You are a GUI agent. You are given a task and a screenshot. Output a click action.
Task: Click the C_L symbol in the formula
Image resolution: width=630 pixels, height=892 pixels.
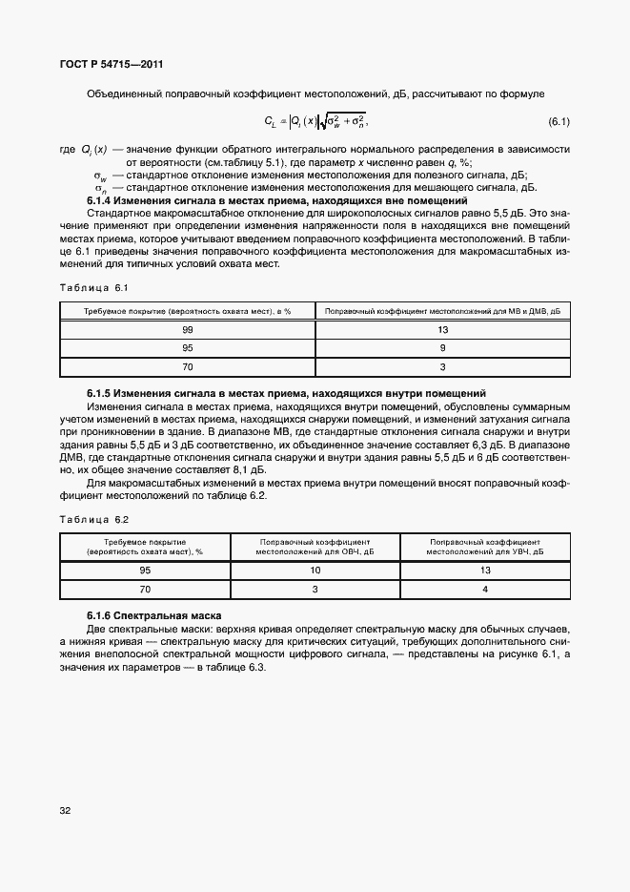(271, 121)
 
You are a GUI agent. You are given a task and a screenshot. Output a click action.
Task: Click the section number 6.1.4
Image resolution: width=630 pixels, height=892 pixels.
(100, 201)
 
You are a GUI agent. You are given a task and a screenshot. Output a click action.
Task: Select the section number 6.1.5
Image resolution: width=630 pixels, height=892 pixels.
(100, 393)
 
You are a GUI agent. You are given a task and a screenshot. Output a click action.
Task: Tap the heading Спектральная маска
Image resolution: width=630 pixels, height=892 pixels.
(168, 616)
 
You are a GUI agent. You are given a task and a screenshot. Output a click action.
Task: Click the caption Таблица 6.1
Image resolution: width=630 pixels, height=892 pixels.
(92, 287)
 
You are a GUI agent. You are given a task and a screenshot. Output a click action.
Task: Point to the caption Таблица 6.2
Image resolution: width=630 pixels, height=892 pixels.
(92, 518)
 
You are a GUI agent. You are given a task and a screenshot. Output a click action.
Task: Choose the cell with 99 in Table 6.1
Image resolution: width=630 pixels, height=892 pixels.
(187, 329)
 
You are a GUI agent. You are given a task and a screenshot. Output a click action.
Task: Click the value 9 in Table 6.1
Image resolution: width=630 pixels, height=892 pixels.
(442, 347)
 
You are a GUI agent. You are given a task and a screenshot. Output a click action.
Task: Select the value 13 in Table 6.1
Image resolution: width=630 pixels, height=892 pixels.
(442, 329)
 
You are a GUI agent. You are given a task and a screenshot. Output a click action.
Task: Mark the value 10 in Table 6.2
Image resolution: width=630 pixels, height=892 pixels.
(315, 570)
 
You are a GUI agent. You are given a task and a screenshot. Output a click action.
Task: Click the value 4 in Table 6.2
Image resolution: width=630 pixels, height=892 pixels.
(484, 590)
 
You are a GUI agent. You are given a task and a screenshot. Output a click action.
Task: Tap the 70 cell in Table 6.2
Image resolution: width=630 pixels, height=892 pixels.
(145, 590)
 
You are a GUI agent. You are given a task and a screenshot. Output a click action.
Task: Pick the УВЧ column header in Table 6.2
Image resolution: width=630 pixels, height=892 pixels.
(484, 546)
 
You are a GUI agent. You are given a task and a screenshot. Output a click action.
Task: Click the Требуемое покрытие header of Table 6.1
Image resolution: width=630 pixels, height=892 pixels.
(187, 311)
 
